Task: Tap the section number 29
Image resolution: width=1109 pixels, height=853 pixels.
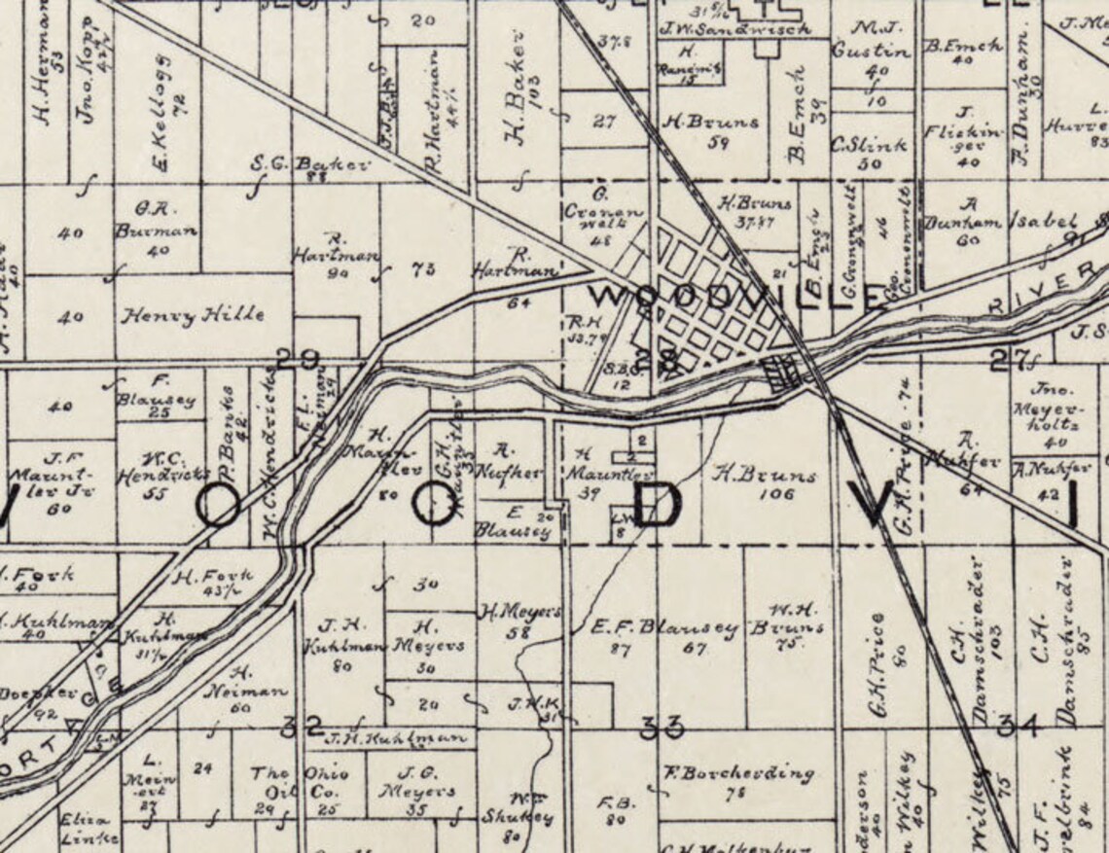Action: tap(297, 360)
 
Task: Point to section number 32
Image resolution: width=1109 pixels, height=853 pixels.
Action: tap(302, 726)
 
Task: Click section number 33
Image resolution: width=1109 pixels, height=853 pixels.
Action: tap(661, 727)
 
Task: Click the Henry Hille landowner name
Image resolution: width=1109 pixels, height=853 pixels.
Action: tap(192, 315)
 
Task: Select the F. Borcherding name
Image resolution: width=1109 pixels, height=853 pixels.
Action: tap(737, 774)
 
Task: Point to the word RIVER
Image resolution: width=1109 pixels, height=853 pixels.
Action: tap(1040, 290)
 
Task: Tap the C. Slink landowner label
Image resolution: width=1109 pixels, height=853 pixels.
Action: tap(869, 145)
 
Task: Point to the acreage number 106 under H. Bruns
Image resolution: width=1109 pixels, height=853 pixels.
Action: tap(775, 494)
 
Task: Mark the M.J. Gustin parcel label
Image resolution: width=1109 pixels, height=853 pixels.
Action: tap(871, 41)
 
